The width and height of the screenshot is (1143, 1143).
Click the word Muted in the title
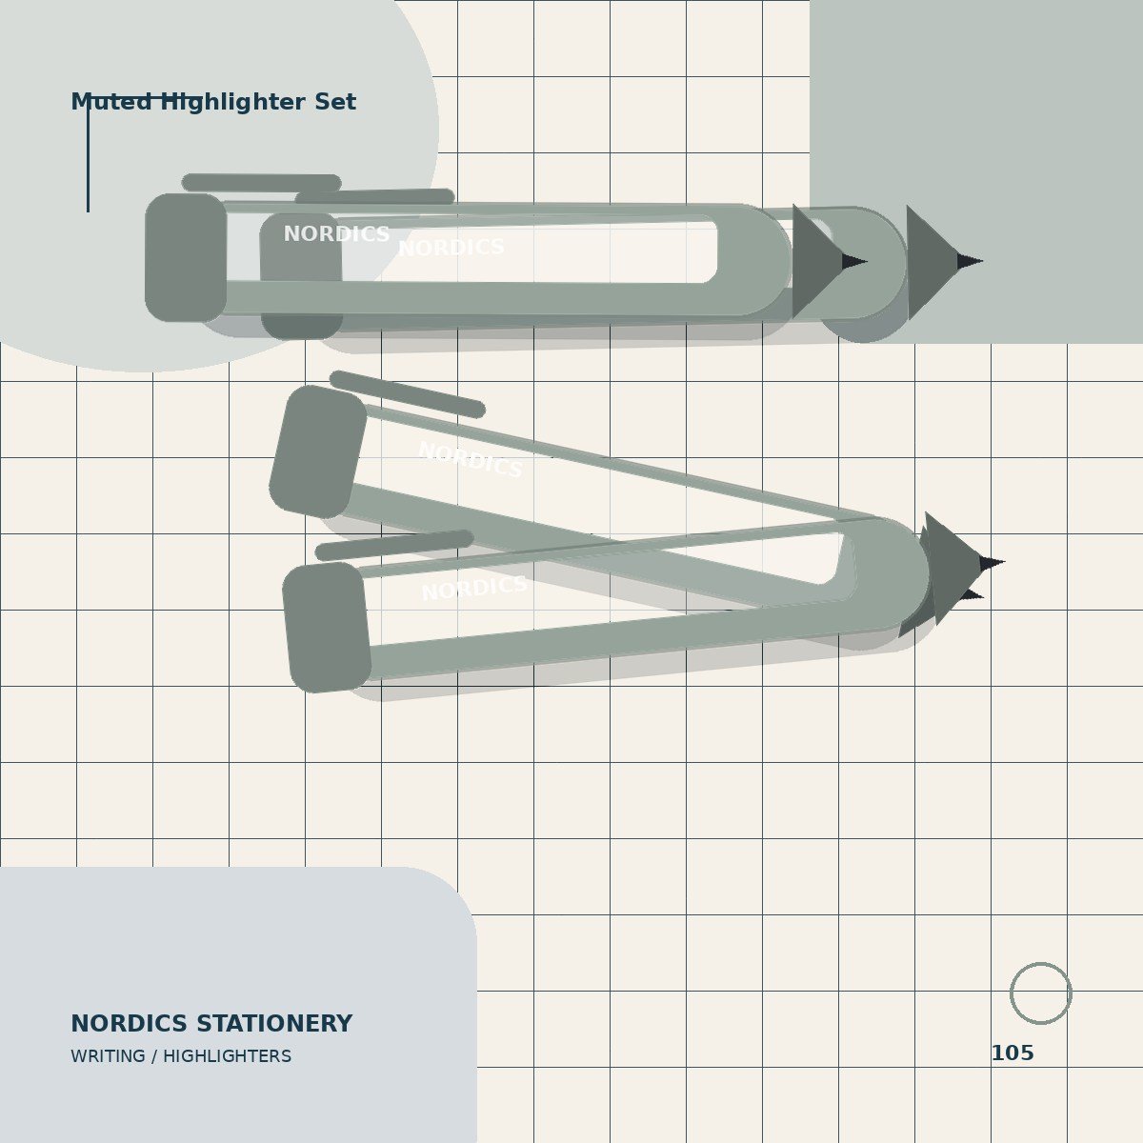point(110,102)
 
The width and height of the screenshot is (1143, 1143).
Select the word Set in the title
point(335,102)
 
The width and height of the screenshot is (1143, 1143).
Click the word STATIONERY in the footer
point(274,1024)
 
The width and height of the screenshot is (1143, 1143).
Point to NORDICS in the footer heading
point(130,1024)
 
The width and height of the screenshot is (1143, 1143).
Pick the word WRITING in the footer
point(108,1056)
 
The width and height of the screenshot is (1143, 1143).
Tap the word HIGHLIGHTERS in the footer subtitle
point(228,1056)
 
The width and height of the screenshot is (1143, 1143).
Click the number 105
point(1013,1053)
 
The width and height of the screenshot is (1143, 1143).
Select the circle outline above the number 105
point(1011,993)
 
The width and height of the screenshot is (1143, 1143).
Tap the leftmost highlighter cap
point(186,257)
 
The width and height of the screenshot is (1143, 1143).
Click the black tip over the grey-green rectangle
point(970,261)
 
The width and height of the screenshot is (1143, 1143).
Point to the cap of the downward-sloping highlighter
point(318,452)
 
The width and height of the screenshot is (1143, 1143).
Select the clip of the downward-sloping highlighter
point(408,394)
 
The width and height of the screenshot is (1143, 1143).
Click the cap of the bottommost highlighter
point(327,628)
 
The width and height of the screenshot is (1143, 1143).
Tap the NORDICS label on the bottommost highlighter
point(474,588)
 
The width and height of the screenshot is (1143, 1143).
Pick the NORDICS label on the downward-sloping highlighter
point(471,460)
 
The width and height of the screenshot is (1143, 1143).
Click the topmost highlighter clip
point(262,183)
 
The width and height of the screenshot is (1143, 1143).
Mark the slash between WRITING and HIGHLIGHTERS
point(154,1056)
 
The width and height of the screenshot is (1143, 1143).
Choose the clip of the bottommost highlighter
point(394,545)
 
